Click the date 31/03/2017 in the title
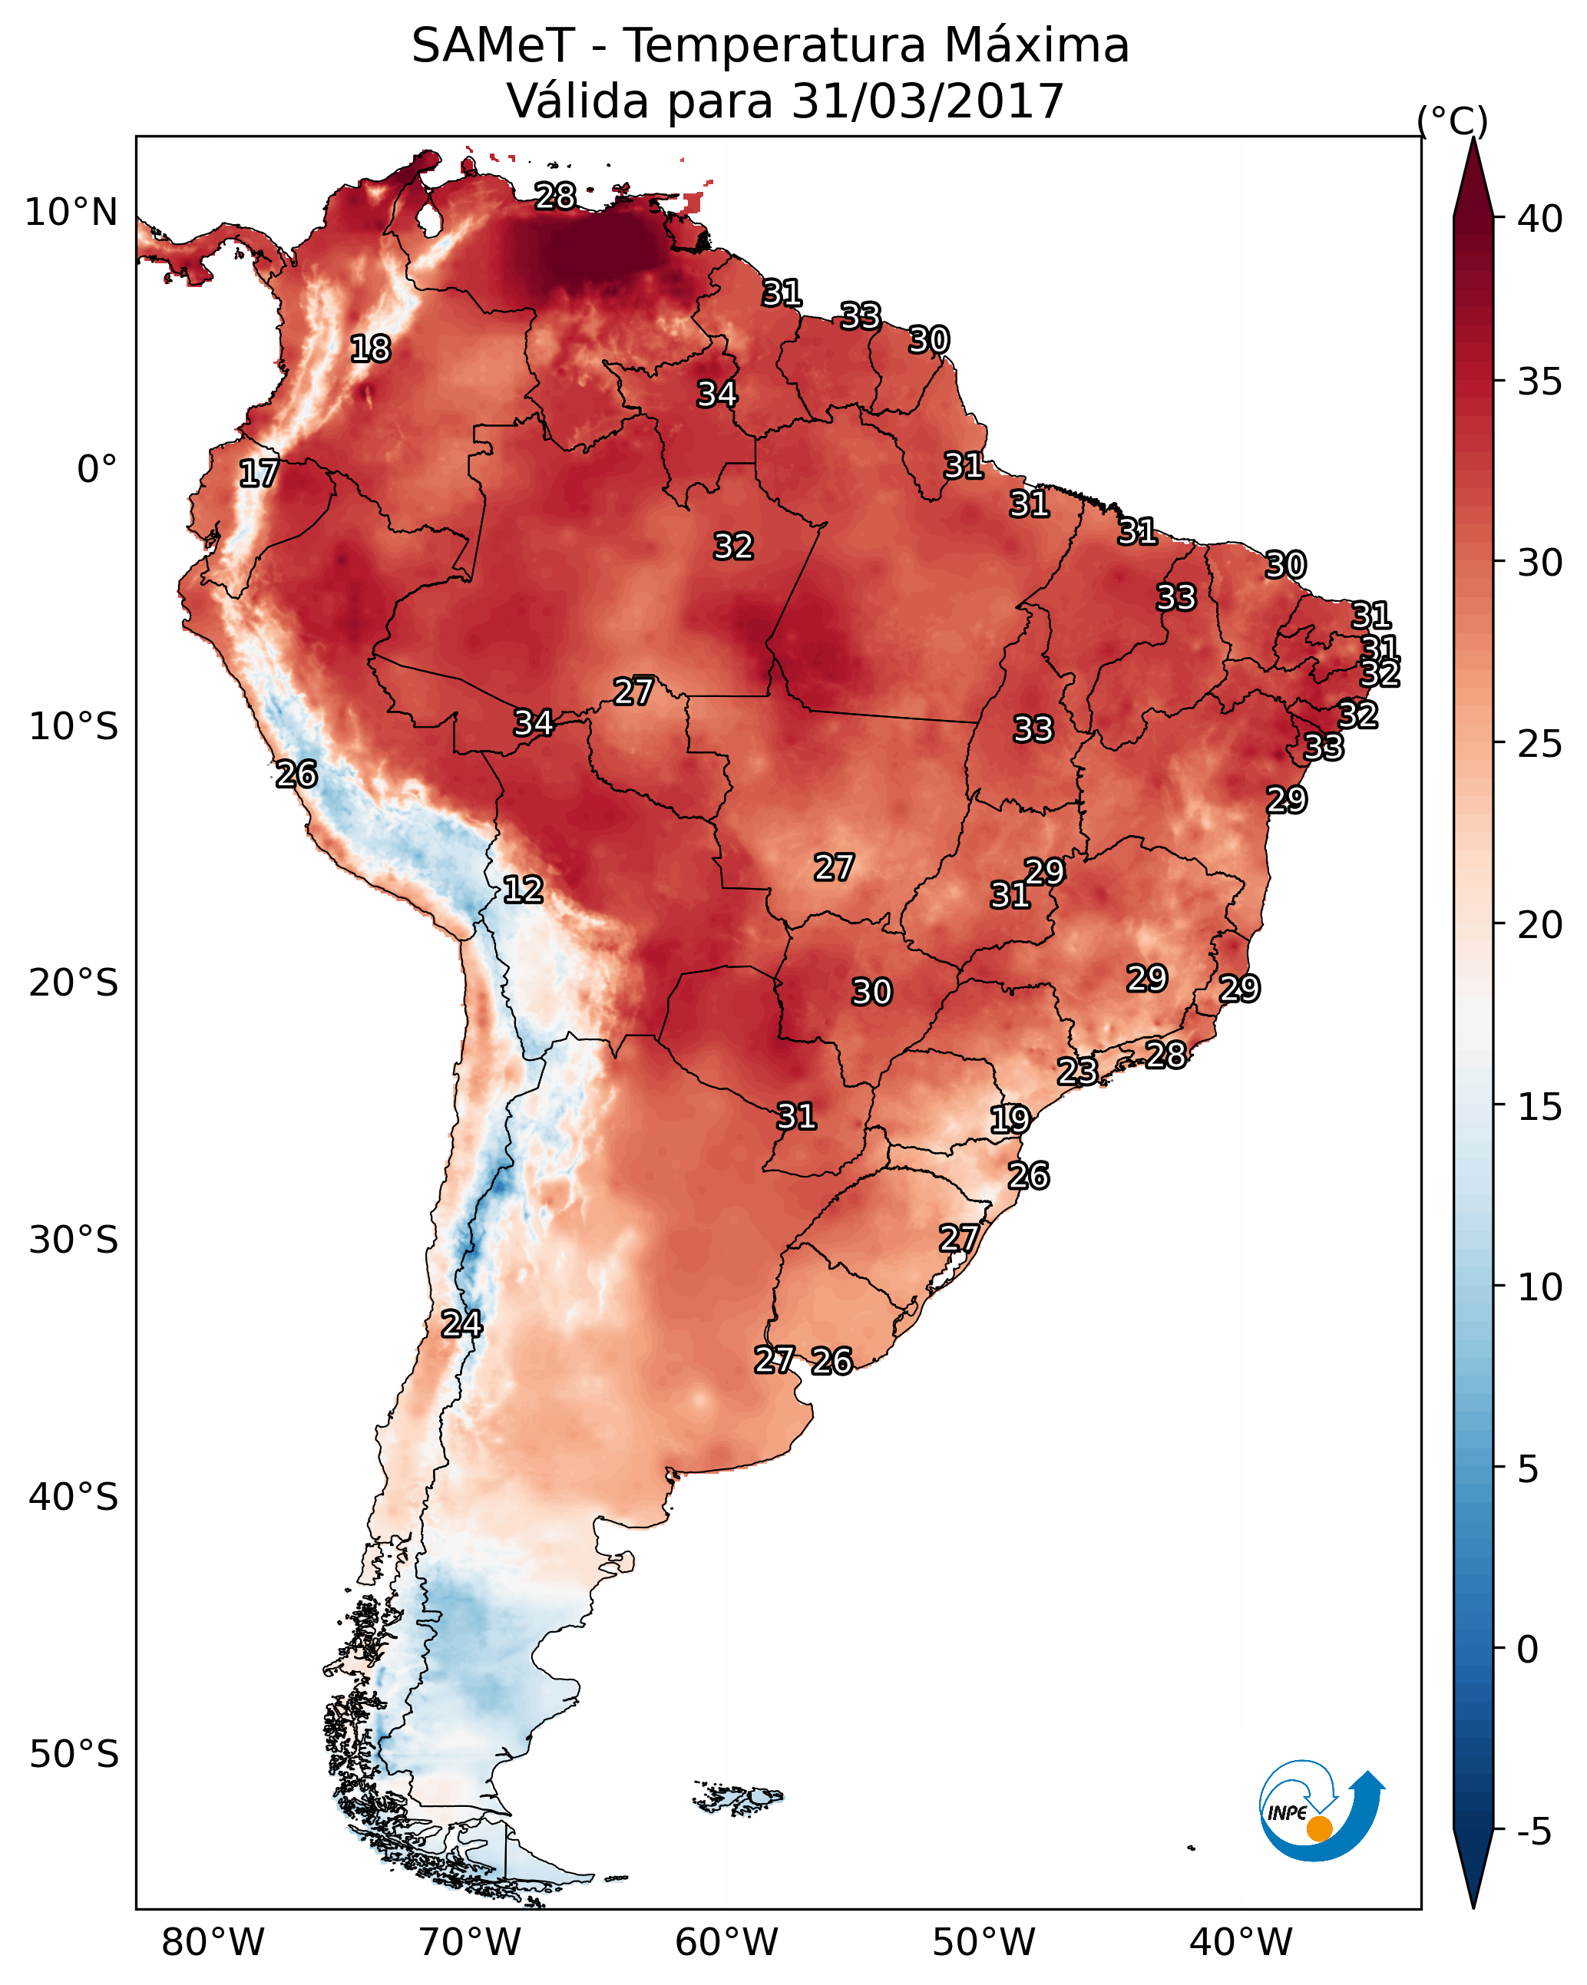tap(927, 101)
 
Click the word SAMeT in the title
tap(493, 46)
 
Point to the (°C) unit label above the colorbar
tap(1452, 121)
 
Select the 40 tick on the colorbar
tap(1540, 219)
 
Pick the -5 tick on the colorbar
tap(1533, 1831)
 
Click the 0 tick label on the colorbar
tap(1527, 1650)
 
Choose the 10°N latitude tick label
tap(71, 213)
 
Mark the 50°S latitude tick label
tap(74, 1755)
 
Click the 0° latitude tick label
tap(97, 470)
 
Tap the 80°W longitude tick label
tap(213, 1943)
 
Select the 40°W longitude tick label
tap(1241, 1943)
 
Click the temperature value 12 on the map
tap(523, 890)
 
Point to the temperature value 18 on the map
tap(370, 349)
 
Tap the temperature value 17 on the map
tap(259, 474)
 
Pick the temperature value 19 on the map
tap(1010, 1120)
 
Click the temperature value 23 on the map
tap(1076, 1071)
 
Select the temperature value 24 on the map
tap(461, 1324)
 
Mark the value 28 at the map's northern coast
tap(555, 196)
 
